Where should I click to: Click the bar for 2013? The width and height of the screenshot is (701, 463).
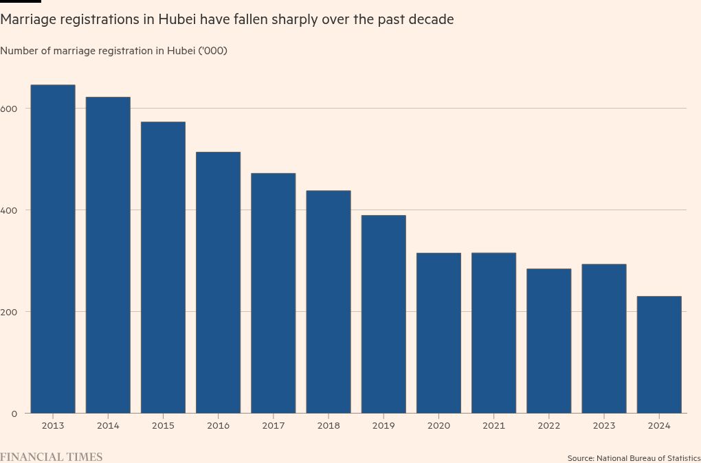[53, 249]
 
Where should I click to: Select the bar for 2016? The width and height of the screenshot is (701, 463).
[218, 282]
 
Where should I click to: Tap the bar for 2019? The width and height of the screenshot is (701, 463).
[383, 314]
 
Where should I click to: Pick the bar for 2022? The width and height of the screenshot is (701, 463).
[548, 341]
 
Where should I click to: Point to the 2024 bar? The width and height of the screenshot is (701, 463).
[659, 354]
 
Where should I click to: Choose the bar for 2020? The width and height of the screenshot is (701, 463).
[438, 332]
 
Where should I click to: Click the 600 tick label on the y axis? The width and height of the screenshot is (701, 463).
[9, 109]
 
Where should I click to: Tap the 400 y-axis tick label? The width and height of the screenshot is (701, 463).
[9, 210]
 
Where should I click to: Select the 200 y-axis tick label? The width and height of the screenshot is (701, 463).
[9, 312]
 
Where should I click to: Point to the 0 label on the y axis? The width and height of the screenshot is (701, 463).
[14, 414]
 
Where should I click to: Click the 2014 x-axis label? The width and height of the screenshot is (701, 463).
[108, 426]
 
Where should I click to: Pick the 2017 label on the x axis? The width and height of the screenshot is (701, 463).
[273, 426]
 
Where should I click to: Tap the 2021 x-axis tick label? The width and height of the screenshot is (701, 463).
[493, 426]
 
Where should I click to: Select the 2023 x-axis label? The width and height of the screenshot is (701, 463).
[604, 426]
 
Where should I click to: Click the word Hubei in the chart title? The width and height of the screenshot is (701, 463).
[177, 19]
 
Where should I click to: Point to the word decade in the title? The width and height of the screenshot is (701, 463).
[431, 19]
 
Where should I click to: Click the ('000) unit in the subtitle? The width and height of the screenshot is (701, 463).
[212, 51]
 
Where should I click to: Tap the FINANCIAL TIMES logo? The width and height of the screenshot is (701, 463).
[51, 457]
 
